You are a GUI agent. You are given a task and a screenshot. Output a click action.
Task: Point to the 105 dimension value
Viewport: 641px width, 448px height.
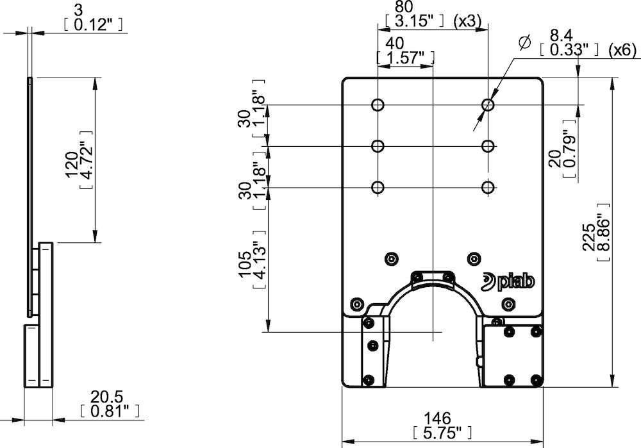(246, 264)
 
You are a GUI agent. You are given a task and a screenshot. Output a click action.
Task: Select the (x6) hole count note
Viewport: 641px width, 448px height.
(622, 49)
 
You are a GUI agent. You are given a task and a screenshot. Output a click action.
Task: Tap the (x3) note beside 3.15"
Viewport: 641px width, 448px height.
(467, 21)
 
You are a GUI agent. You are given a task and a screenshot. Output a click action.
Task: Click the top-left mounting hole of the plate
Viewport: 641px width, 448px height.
(378, 104)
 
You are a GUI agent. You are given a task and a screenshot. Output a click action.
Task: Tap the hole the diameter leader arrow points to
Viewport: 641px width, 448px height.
(488, 104)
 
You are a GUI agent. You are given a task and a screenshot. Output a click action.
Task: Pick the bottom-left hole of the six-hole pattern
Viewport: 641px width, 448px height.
(378, 187)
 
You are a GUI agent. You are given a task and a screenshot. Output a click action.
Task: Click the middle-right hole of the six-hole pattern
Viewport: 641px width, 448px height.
(488, 146)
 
